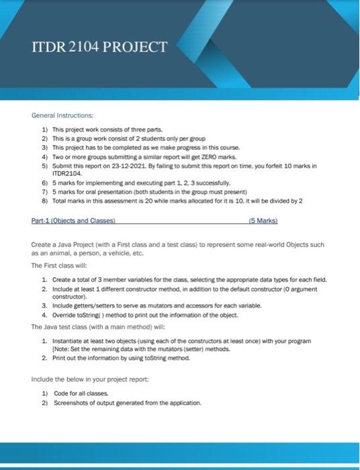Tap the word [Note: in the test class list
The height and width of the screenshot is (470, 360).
click(65, 349)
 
